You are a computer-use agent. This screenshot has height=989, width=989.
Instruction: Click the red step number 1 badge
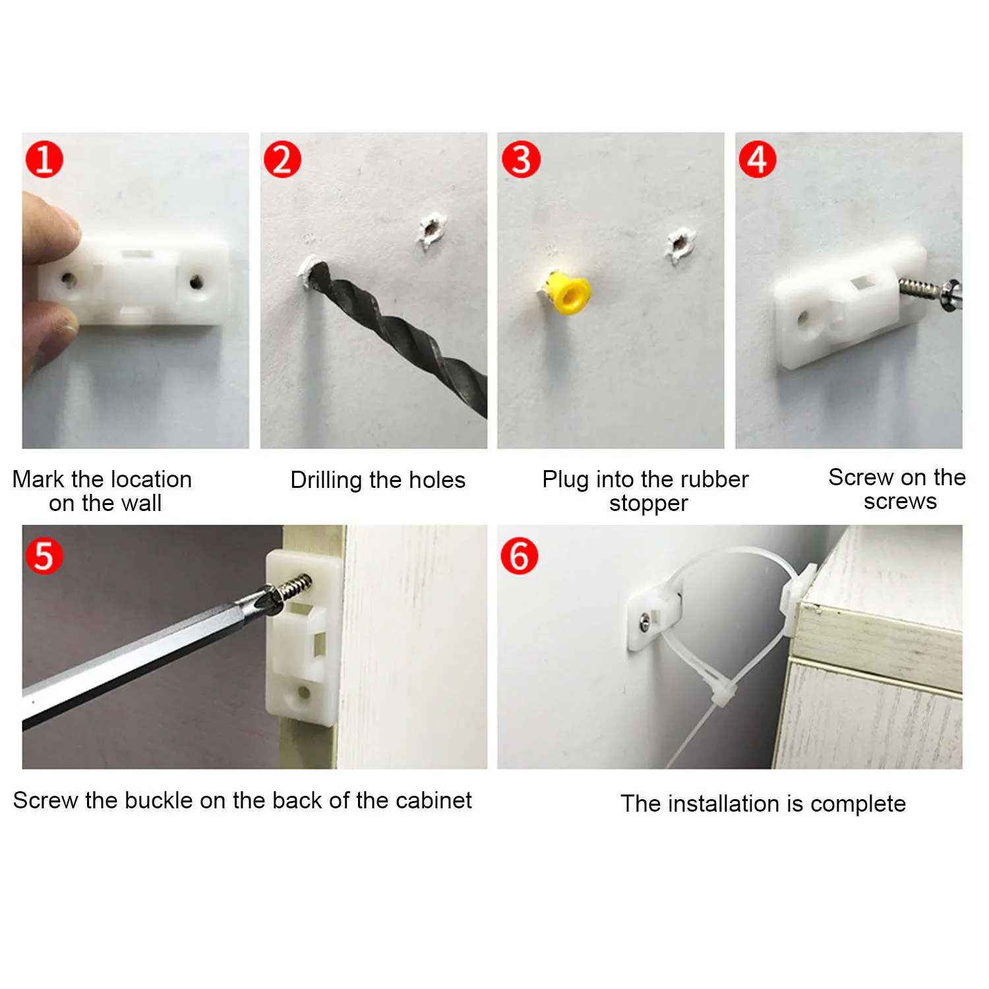click(44, 160)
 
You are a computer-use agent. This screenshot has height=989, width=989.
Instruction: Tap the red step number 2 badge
click(282, 160)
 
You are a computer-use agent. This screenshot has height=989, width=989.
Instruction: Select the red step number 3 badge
click(521, 160)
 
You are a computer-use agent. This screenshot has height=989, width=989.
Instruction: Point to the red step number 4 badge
click(758, 160)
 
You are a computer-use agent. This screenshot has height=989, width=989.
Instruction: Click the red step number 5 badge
click(44, 555)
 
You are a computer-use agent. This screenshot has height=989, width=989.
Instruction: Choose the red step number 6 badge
click(520, 555)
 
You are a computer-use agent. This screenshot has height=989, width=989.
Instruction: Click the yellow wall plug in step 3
click(568, 292)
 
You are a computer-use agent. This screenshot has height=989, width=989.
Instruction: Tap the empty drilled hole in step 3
click(679, 245)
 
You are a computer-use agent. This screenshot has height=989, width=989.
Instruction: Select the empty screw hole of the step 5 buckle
click(304, 692)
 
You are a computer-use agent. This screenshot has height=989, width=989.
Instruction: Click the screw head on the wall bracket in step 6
click(645, 620)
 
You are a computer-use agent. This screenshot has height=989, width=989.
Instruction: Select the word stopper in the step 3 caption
click(648, 504)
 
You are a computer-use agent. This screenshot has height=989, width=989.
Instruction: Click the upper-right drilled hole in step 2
click(431, 230)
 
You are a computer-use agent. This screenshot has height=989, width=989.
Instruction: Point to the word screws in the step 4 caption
click(900, 502)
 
